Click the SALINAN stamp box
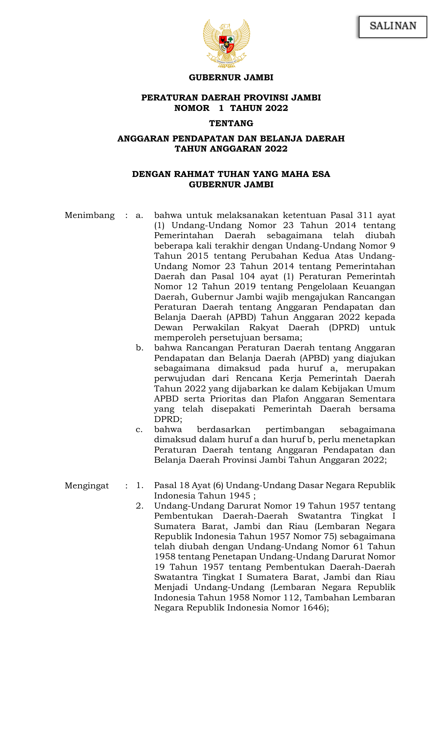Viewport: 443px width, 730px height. pos(393,26)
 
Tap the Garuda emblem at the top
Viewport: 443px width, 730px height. pos(227,43)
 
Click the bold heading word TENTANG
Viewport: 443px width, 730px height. pos(231,123)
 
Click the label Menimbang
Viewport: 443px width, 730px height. pos(90,216)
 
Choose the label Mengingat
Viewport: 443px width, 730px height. pos(87,486)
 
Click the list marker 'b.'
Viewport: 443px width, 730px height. pos(140,348)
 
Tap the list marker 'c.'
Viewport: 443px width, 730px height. pos(139,430)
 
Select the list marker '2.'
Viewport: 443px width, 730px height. pos(140,506)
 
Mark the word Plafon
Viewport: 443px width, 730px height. pos(286,399)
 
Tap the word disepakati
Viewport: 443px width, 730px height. pos(233,409)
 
